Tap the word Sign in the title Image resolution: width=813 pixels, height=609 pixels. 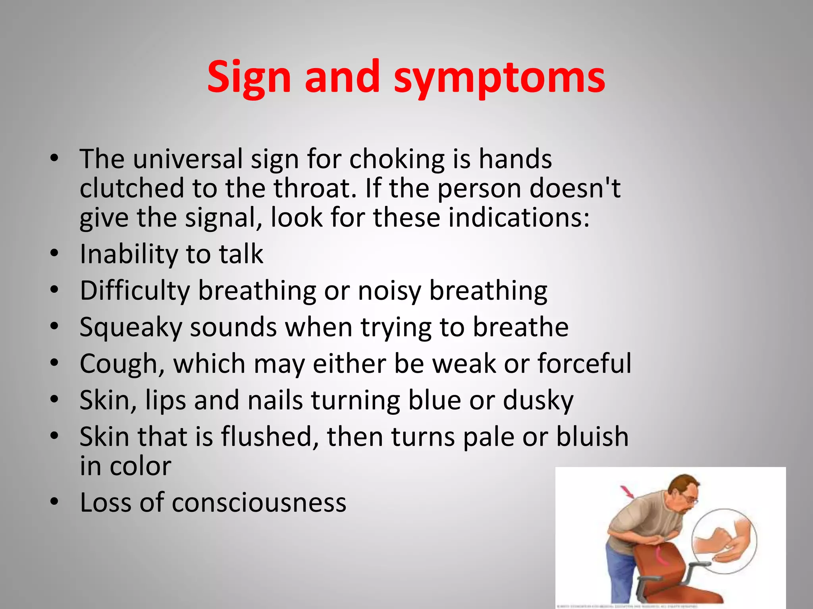[249, 78]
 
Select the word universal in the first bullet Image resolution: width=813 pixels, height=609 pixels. [187, 159]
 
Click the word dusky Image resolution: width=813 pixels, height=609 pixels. [538, 400]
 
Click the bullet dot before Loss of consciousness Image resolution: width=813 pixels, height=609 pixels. [54, 502]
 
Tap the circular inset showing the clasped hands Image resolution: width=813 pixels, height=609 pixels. [724, 541]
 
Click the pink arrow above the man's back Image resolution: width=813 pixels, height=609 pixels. [628, 492]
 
